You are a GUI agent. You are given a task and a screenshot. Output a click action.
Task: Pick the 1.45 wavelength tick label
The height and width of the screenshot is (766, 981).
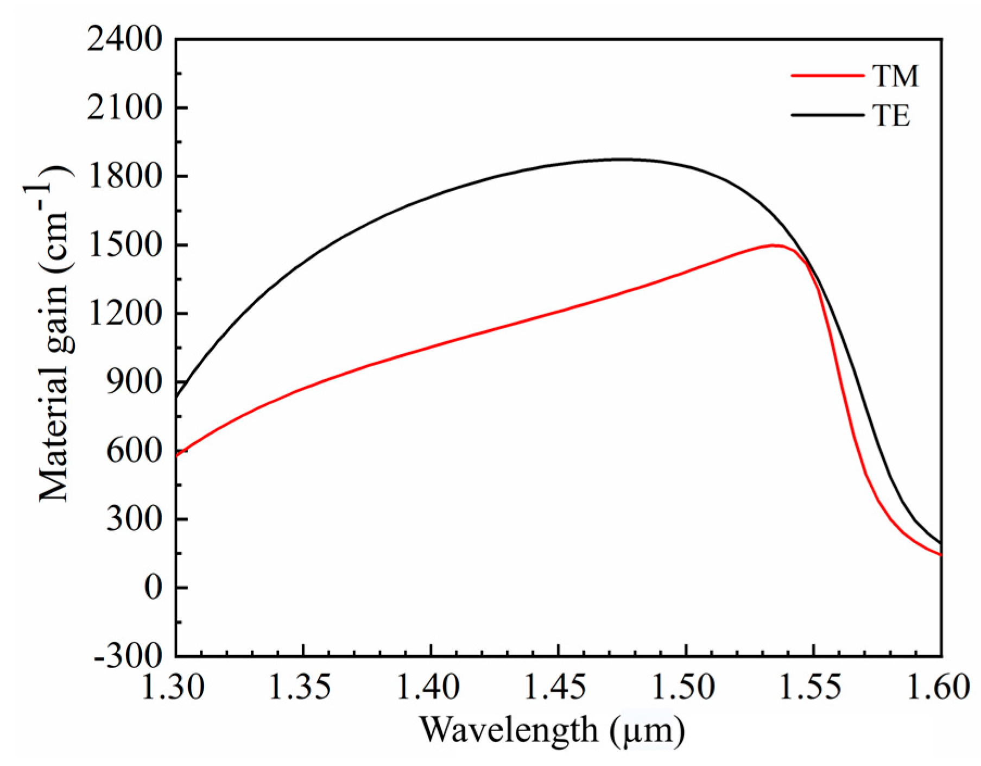click(x=559, y=688)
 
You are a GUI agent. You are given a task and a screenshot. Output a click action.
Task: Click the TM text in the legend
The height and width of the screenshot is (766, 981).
click(x=896, y=76)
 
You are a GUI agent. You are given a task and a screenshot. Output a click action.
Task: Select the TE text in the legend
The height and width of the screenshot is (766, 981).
click(x=891, y=116)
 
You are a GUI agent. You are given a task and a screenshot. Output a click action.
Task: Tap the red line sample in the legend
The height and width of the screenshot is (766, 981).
click(x=826, y=76)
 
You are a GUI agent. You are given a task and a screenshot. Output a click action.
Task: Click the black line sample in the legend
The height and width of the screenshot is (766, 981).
click(x=826, y=115)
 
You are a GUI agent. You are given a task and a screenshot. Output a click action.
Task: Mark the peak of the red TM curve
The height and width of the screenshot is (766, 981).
click(x=772, y=245)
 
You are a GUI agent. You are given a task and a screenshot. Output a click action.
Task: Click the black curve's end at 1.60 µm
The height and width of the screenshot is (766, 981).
click(x=940, y=543)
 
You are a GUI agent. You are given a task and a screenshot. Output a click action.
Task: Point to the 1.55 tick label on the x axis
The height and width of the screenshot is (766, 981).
click(x=813, y=688)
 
